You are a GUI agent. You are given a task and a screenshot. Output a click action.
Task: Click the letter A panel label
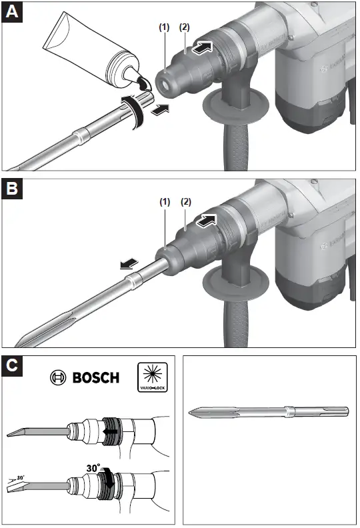point(13,12)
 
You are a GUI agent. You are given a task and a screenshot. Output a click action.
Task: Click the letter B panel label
point(13,189)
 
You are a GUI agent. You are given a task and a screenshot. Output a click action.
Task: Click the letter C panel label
point(12,366)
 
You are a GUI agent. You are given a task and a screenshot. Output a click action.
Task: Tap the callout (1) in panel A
point(164,28)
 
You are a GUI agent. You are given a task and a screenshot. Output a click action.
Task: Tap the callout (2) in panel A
point(185,28)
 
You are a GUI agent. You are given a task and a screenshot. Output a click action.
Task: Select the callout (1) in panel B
point(164,201)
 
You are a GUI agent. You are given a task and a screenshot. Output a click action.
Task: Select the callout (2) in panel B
point(186,201)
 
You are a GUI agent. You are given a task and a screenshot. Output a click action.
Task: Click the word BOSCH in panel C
point(95,378)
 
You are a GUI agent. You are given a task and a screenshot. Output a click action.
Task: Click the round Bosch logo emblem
point(59,378)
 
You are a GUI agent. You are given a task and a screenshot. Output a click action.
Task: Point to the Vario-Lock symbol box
point(153,377)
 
